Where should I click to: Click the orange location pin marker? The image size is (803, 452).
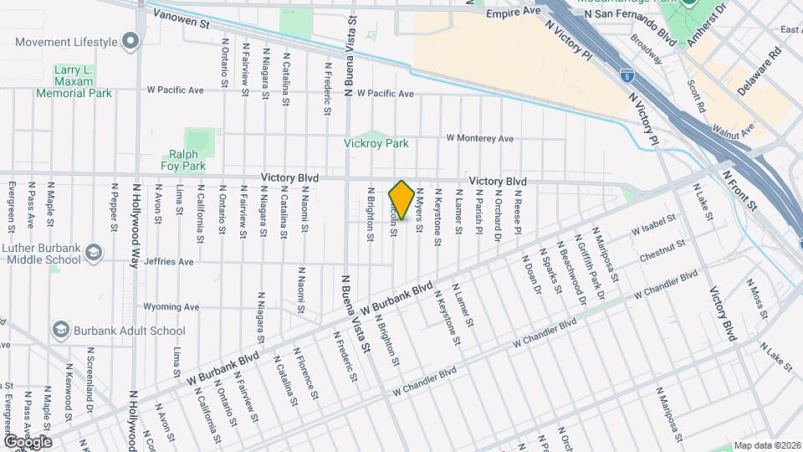[x=401, y=200]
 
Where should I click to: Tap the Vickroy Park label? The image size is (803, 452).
[x=376, y=143]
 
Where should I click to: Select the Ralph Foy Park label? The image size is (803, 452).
[x=182, y=160]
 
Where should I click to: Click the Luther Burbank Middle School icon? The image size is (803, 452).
[x=95, y=252]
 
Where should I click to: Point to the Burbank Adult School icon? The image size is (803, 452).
[x=60, y=331]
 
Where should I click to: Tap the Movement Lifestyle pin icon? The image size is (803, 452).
[x=130, y=41]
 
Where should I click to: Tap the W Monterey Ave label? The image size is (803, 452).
[x=479, y=138]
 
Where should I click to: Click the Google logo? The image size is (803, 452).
[x=27, y=441]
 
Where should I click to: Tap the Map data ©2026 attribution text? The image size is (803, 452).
[x=767, y=445]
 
